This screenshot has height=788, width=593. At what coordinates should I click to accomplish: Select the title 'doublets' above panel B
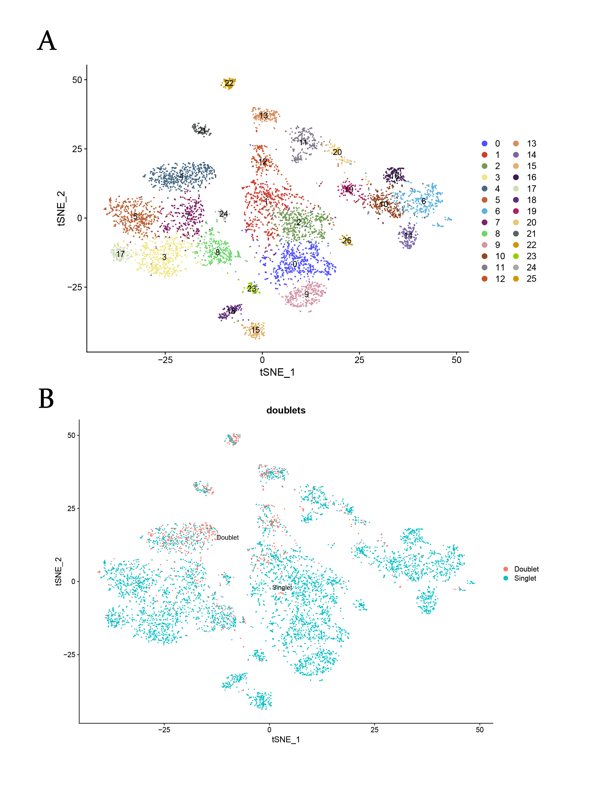(286, 410)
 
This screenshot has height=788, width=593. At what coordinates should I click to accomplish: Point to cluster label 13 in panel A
(264, 116)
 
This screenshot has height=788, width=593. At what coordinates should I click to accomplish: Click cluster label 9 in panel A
(306, 294)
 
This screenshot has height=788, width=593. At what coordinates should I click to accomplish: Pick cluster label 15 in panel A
(255, 330)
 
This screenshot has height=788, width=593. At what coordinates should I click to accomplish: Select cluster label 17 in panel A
(120, 254)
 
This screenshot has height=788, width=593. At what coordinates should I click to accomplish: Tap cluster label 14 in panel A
(408, 236)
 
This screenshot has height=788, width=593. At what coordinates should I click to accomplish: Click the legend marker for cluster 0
(484, 143)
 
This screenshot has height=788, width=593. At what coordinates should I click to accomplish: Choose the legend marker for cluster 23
(516, 256)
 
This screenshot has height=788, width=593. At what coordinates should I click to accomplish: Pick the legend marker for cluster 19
(516, 211)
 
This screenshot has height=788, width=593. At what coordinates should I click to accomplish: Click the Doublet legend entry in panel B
(526, 569)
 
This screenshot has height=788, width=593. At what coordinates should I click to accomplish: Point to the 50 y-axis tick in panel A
(77, 80)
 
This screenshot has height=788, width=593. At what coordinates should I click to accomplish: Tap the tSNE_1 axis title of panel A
(277, 372)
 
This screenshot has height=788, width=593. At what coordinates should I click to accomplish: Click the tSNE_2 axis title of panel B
(58, 571)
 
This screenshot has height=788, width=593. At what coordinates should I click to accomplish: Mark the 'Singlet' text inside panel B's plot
(282, 587)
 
